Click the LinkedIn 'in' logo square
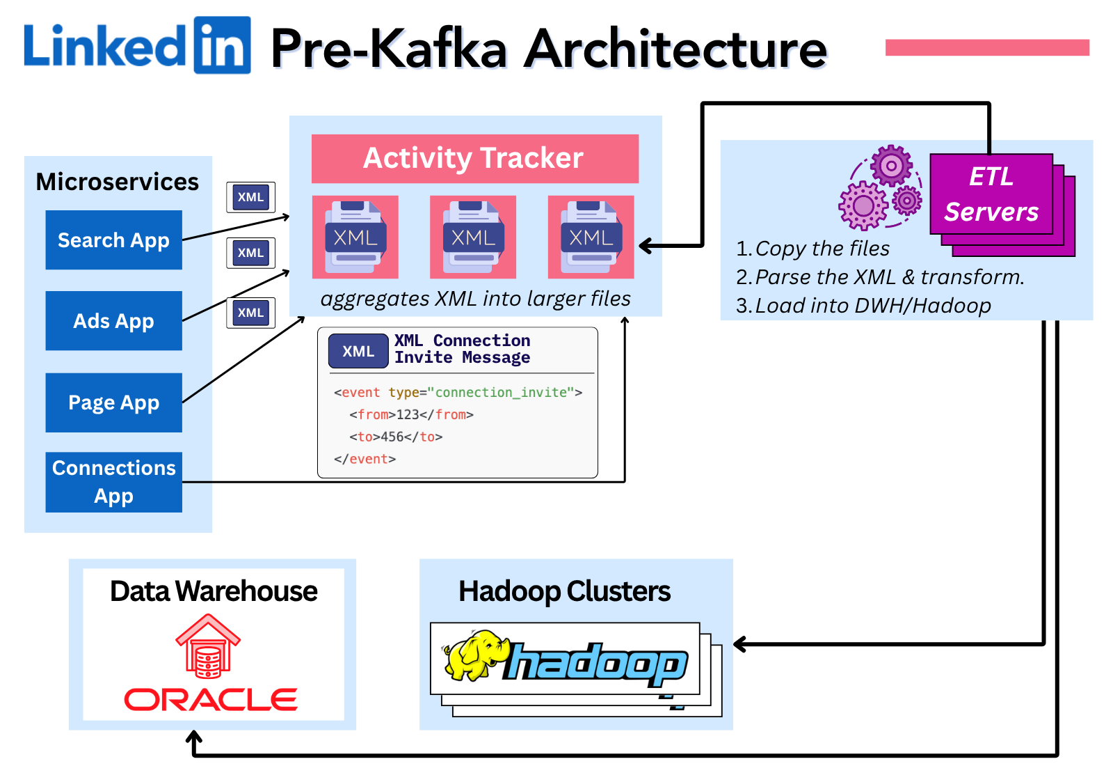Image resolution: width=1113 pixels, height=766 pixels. (222, 46)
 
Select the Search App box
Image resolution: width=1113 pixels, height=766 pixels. (113, 240)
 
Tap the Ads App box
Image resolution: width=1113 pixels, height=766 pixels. (113, 321)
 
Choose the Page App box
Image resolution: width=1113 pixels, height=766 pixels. (113, 402)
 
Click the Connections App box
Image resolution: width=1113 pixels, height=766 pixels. (113, 482)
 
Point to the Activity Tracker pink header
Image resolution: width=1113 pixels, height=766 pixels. (474, 158)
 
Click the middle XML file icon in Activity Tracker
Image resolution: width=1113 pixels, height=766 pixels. (473, 237)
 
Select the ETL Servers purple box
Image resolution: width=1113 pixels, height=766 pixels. (991, 194)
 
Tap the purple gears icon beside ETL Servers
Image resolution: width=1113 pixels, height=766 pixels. (880, 187)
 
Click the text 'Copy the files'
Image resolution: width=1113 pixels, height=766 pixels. (822, 249)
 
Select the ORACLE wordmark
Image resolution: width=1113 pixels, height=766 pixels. (211, 700)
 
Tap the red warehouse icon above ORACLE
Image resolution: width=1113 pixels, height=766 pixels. (208, 646)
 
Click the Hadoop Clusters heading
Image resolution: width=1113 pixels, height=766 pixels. (564, 591)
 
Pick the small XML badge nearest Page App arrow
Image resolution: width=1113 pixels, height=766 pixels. (250, 313)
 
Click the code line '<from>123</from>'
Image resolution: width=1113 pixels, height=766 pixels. (411, 415)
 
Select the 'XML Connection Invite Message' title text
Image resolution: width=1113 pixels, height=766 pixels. (462, 349)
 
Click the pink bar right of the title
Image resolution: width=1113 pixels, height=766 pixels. (986, 47)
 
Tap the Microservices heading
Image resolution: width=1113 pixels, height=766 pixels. (117, 182)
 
